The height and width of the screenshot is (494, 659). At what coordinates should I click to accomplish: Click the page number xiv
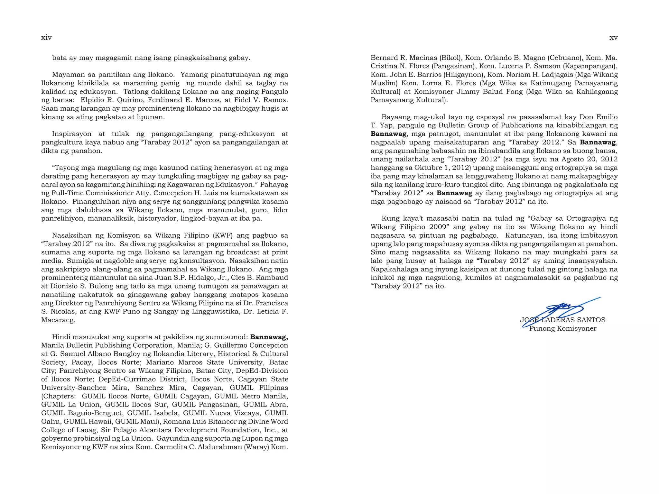(x=46, y=38)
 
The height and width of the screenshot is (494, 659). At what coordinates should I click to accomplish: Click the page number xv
(x=613, y=38)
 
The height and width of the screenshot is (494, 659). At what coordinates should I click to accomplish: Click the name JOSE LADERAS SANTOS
(x=562, y=320)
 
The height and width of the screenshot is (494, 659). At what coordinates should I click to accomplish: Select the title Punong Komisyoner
(x=562, y=329)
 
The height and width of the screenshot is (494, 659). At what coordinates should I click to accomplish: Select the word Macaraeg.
(x=58, y=320)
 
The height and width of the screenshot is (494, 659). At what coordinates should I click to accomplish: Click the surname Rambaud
(x=273, y=278)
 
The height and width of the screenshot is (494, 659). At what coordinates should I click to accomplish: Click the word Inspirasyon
(x=71, y=134)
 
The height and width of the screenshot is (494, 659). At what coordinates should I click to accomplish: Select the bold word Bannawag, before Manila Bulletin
(x=269, y=337)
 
